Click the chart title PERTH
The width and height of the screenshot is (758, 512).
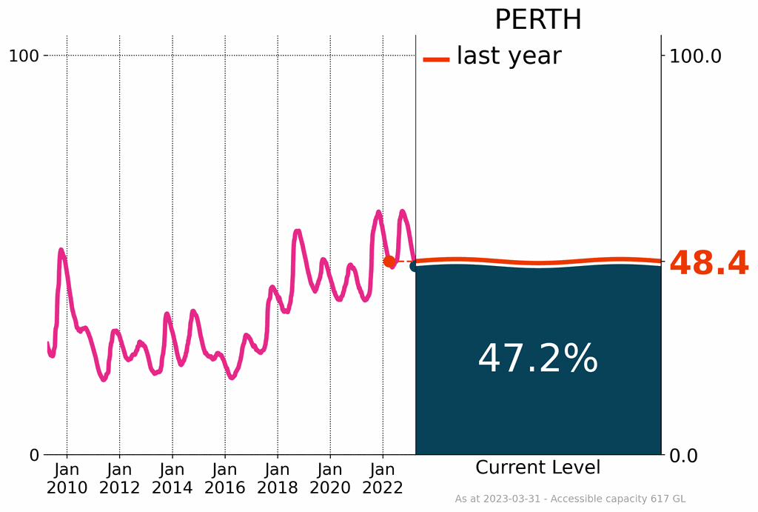pos(537,20)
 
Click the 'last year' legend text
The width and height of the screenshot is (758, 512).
pos(509,56)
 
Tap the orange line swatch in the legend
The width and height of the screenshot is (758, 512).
pos(436,59)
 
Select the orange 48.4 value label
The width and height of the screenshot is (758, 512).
pos(708,264)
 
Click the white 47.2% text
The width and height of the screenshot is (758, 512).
pos(537,359)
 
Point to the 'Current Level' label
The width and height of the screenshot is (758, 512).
pos(537,468)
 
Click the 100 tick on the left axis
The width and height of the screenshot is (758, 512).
pos(23,56)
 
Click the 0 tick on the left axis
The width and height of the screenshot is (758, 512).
pos(34,455)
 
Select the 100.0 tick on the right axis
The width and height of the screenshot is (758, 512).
pos(695,56)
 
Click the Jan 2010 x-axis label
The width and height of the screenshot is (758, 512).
pos(67,479)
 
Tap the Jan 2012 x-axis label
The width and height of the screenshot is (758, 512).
pos(119,479)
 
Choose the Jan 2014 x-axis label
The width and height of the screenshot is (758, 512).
pos(172,479)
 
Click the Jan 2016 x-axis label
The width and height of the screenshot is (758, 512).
pos(224,479)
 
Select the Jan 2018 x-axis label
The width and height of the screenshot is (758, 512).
pos(278,479)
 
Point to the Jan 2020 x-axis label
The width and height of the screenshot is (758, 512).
pos(330,479)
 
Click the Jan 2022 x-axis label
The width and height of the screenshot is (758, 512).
pos(383,479)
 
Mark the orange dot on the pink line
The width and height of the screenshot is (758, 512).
pos(389,261)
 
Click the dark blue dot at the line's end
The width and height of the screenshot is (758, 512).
pos(415,265)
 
